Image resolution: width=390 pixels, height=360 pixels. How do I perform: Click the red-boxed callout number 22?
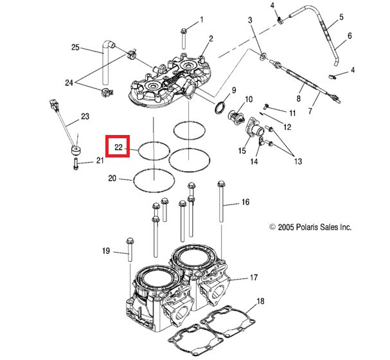(x=118, y=148)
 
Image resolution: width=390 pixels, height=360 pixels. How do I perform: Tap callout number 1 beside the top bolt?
(x=201, y=20)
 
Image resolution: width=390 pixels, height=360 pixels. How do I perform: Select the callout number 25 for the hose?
(x=75, y=48)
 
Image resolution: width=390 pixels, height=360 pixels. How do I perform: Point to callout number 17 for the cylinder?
(x=254, y=278)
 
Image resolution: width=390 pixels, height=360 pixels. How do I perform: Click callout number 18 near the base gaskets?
(x=260, y=301)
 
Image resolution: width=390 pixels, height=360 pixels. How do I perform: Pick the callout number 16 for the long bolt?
(x=245, y=203)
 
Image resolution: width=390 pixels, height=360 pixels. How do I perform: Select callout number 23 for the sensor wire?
(x=84, y=116)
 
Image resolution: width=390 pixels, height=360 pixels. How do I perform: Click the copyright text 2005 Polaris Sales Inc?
(x=310, y=227)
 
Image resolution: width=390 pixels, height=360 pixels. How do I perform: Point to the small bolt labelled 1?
(x=184, y=30)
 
